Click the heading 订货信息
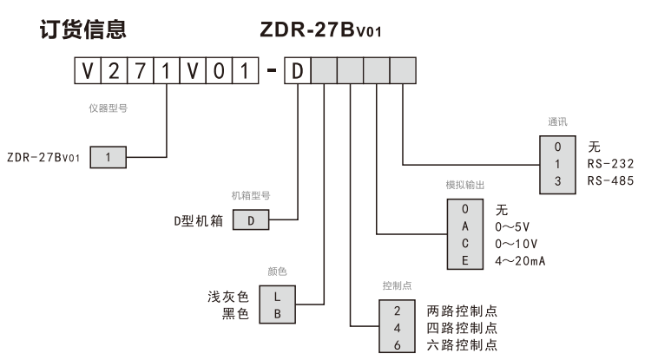pyautogui.click(x=83, y=30)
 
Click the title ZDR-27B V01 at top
pyautogui.click(x=320, y=30)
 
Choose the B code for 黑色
pyautogui.click(x=277, y=314)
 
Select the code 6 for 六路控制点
pyautogui.click(x=397, y=344)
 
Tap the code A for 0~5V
pyautogui.click(x=464, y=226)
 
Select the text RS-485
pyautogui.click(x=611, y=180)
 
